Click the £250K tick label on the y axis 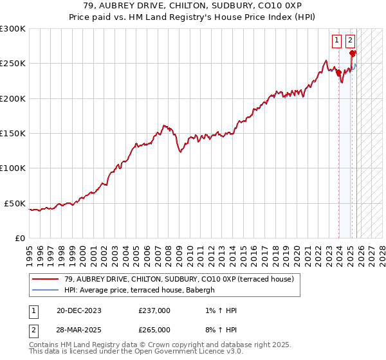pos(13,64)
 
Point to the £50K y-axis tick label pos(15,203)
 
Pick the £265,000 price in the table pos(154,329)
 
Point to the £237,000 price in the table pos(154,310)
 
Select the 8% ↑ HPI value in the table pos(219,329)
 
